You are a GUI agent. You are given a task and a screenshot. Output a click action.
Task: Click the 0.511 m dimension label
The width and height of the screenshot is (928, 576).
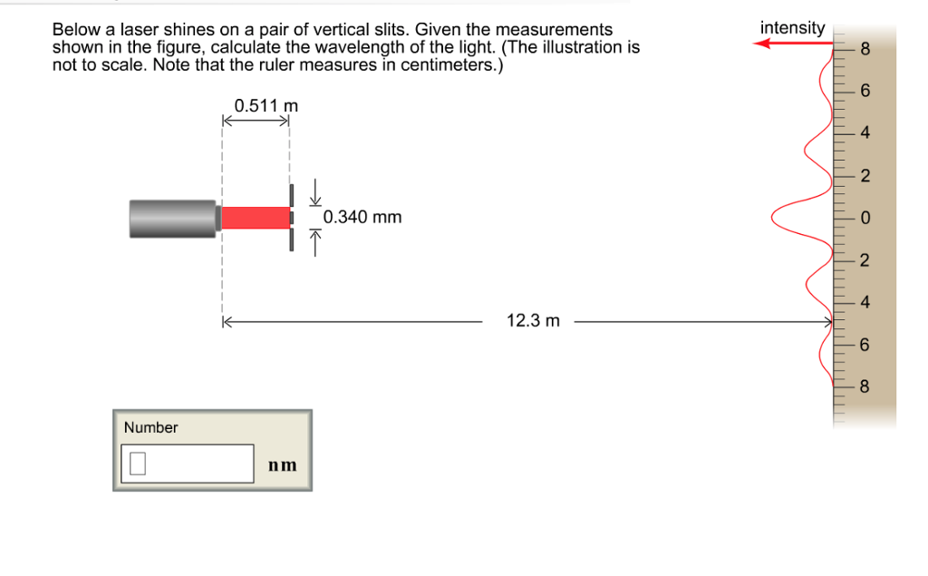[266, 106]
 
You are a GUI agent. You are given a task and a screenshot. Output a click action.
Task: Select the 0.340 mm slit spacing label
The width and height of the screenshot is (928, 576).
[362, 218]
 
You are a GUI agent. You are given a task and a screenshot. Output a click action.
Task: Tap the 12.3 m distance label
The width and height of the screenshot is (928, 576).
[533, 321]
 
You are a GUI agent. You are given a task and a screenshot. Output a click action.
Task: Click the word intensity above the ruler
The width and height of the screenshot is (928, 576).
[792, 28]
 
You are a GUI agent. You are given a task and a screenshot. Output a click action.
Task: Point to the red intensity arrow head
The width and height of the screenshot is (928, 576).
[763, 43]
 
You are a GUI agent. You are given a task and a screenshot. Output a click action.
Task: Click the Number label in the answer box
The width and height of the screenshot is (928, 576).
[150, 427]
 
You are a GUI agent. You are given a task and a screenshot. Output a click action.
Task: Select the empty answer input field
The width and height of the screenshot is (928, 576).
[187, 464]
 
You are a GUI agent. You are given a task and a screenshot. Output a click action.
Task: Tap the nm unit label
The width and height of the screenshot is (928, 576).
[282, 465]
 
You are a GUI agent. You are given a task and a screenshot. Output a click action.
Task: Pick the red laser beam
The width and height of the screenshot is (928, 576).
[255, 218]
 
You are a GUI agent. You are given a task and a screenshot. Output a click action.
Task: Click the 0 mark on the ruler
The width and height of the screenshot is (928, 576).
[864, 219]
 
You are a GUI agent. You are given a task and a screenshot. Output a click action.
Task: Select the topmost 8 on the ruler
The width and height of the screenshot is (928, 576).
[864, 50]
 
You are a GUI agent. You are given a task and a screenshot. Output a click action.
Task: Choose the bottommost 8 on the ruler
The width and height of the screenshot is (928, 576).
[864, 387]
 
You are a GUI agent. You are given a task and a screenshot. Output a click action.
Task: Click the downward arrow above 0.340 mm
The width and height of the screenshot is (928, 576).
[316, 191]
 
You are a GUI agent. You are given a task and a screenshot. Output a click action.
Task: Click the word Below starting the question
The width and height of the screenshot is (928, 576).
[72, 31]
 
